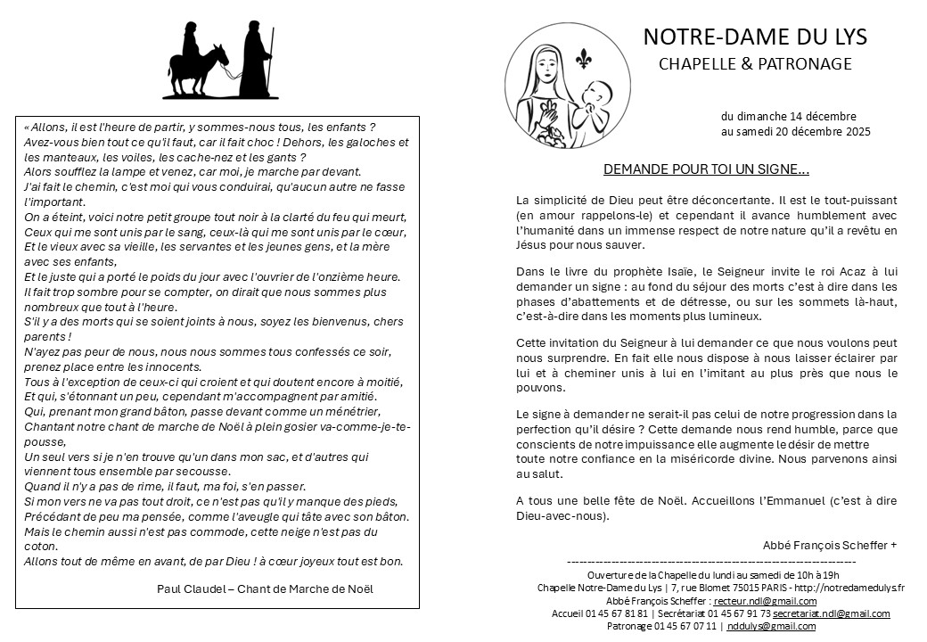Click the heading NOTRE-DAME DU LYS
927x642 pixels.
[755, 37]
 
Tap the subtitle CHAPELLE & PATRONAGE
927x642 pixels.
[755, 63]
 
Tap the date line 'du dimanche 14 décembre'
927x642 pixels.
[789, 117]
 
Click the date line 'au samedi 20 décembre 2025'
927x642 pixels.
[796, 131]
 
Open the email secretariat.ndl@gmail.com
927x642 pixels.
[831, 613]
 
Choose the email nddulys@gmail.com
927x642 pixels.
[771, 626]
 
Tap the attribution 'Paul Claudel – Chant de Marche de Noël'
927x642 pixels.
[265, 588]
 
